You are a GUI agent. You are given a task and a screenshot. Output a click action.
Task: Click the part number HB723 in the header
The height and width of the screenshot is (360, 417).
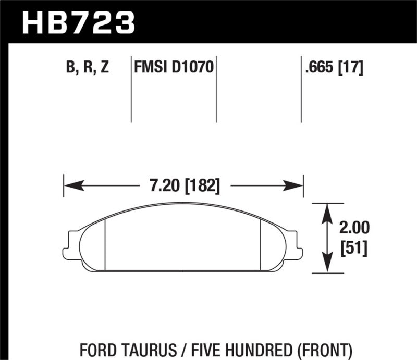tap(78, 22)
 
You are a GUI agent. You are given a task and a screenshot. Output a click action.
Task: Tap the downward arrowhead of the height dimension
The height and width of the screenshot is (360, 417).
tap(327, 266)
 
